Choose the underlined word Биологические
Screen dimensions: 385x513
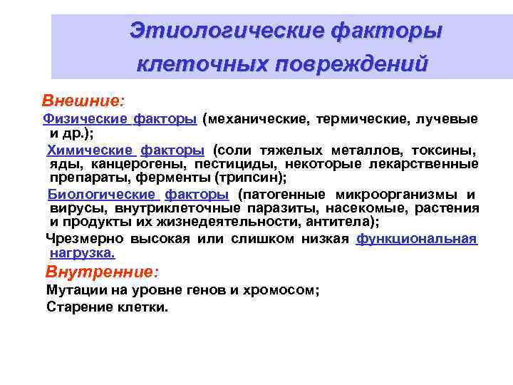pos(100,195)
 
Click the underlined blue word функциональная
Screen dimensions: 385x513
pos(416,239)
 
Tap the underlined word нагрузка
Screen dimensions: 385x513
pos(82,252)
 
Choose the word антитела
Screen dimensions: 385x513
pos(338,222)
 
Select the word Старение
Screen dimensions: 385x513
pos(75,307)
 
